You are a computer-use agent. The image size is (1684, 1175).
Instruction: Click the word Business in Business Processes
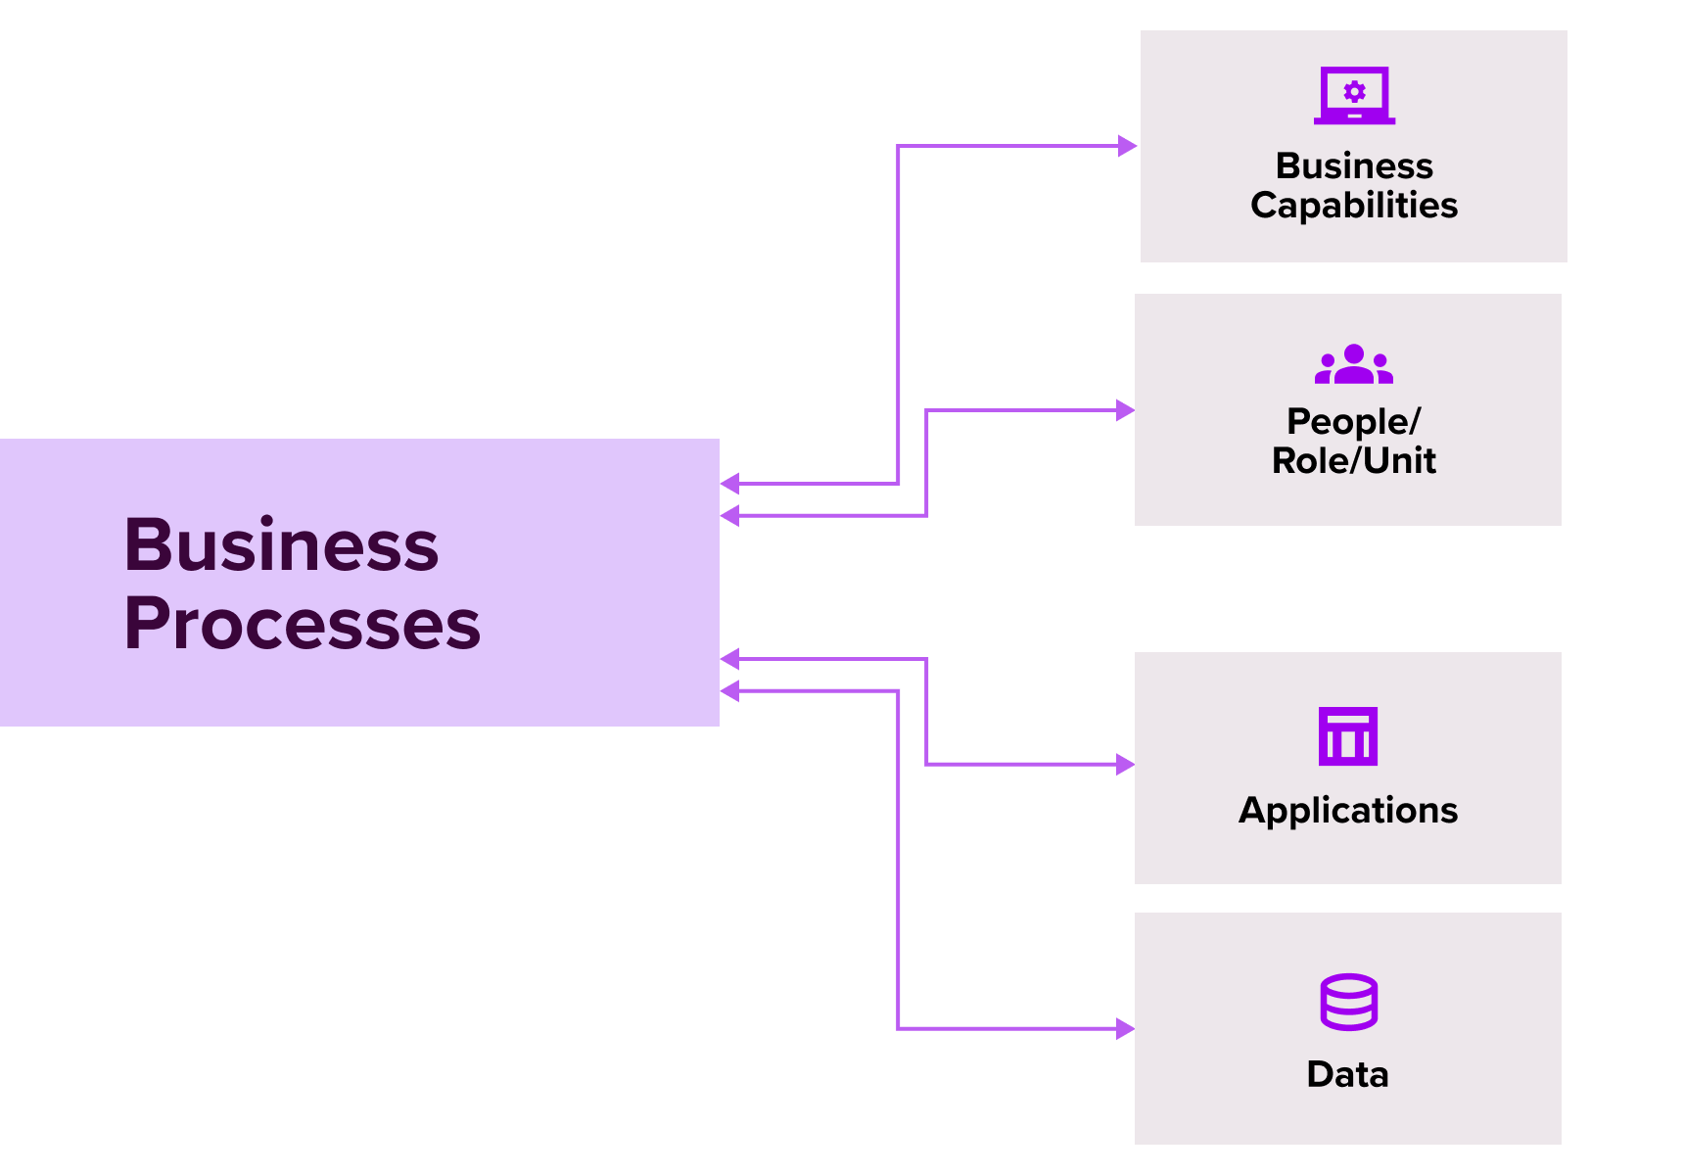click(281, 545)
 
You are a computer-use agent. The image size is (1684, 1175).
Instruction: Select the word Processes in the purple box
click(302, 625)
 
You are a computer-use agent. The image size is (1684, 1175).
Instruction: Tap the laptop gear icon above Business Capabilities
click(1354, 95)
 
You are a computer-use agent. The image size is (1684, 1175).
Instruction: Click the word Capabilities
click(1354, 206)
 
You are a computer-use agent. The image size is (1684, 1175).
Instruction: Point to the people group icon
click(1354, 364)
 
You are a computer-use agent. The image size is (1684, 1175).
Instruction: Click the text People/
click(1353, 421)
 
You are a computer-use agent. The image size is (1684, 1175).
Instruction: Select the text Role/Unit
click(1353, 460)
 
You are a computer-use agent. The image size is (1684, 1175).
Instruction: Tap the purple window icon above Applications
click(1348, 736)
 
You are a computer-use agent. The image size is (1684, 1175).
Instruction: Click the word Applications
click(1348, 811)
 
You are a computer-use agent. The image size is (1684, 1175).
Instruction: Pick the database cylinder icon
click(1348, 1002)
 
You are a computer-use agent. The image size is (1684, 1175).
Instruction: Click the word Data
click(1348, 1074)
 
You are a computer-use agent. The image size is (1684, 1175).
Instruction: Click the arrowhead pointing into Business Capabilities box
click(1128, 146)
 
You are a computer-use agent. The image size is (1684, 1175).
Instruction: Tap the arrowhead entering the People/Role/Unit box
click(1125, 410)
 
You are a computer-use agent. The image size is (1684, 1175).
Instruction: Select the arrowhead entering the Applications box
click(1125, 764)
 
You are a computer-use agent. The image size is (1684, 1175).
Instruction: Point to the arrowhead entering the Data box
click(1125, 1028)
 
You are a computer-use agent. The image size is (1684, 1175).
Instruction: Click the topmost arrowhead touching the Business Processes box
click(730, 483)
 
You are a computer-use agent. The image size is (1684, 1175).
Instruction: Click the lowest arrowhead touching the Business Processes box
click(730, 691)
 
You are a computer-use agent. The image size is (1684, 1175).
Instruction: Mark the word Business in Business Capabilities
click(1354, 166)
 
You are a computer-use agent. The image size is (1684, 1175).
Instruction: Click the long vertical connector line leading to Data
click(898, 862)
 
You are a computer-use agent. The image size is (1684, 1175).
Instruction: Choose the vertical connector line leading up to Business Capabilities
click(898, 313)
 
